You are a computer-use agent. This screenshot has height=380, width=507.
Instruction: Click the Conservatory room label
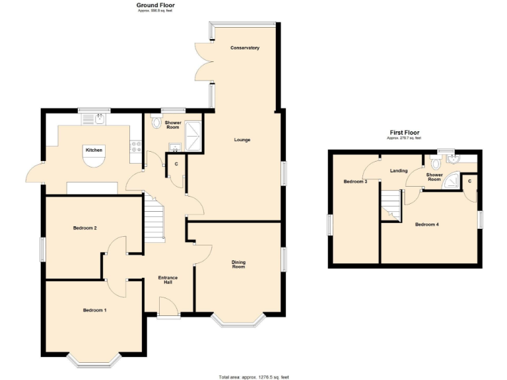click(244, 48)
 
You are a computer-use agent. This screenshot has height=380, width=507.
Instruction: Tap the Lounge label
click(242, 140)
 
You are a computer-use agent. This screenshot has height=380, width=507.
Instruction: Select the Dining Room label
click(238, 264)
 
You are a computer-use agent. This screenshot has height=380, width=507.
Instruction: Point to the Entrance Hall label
click(168, 280)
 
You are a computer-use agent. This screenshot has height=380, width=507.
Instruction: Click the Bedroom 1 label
click(94, 310)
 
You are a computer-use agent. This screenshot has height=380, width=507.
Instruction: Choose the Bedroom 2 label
click(85, 228)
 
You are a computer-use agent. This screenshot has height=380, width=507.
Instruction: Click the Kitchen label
click(94, 150)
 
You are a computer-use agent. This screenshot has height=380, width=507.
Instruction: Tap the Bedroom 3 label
click(355, 181)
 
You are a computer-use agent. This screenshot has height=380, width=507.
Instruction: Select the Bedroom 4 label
click(426, 224)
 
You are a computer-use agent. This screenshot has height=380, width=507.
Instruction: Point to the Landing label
click(399, 171)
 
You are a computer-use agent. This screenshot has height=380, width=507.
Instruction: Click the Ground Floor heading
click(156, 5)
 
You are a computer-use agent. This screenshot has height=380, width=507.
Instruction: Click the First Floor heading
click(403, 133)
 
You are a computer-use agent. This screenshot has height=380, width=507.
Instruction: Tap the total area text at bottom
click(253, 377)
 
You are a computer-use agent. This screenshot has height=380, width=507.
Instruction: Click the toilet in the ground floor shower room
click(156, 122)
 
